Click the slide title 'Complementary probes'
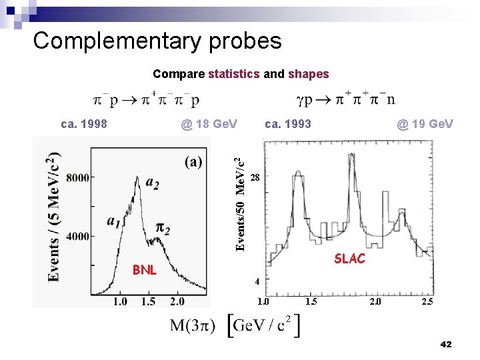coord(157,41)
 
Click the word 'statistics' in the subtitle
coord(233,74)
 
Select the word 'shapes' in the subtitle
coord(308,74)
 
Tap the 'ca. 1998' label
coord(84,124)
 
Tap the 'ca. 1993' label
coord(288,124)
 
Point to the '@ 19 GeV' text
coord(425,124)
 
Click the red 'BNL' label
coord(144,270)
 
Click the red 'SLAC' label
coord(349,259)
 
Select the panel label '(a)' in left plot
coord(195,162)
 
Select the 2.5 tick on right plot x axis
coord(427,302)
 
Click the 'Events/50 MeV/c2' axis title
coord(245,201)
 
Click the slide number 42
coord(446,344)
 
